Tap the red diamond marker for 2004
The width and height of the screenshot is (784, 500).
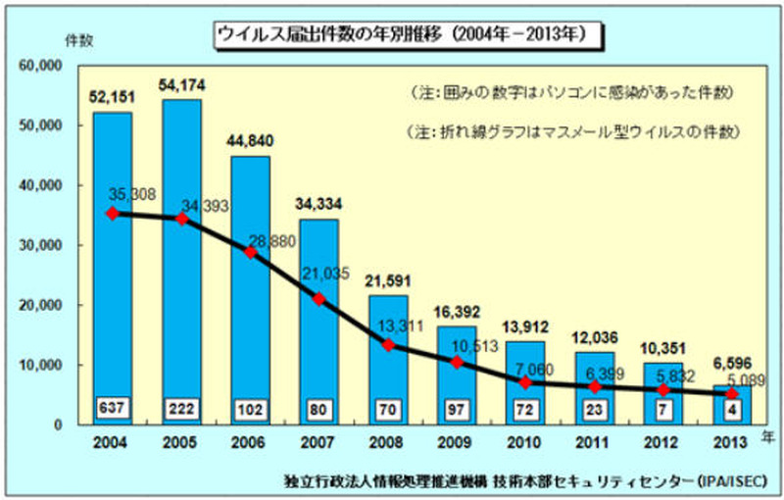113,213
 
